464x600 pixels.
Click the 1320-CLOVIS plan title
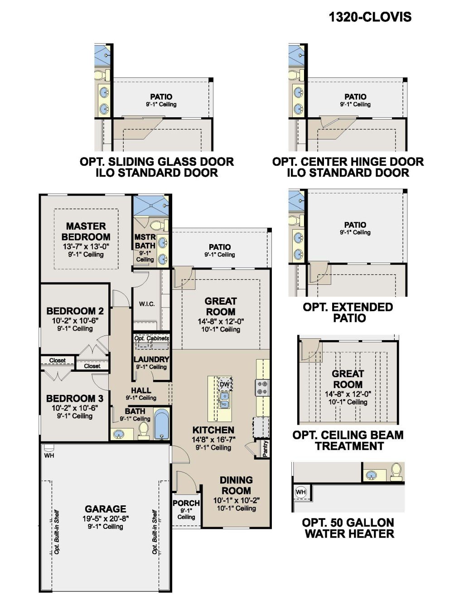tap(370, 17)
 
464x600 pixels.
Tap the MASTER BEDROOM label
tap(86, 231)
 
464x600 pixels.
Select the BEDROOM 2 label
tap(75, 311)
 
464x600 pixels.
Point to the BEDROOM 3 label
tap(75, 398)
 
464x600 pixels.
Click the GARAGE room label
tap(105, 509)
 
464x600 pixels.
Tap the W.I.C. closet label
tap(147, 304)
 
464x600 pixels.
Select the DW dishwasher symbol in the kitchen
tap(225, 384)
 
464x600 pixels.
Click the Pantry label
tap(265, 448)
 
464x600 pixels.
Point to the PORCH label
tap(186, 503)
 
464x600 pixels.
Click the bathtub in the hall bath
tap(162, 424)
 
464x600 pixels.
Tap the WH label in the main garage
tap(49, 455)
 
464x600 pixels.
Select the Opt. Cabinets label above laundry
tap(151, 338)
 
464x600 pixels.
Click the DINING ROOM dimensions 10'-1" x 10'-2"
tap(236, 500)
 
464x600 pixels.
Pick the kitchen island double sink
tap(224, 399)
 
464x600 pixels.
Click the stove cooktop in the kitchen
tap(262, 388)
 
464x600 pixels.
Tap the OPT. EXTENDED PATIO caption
tap(348, 312)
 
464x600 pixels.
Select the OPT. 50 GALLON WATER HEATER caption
tap(348, 528)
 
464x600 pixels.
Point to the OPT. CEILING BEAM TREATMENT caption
tap(348, 441)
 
